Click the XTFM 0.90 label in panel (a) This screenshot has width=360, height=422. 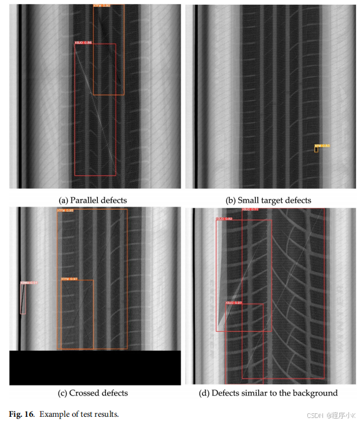pyautogui.click(x=102, y=6)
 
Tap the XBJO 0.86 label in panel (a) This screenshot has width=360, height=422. pyautogui.click(x=83, y=42)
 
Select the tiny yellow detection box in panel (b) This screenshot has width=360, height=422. pyautogui.click(x=317, y=149)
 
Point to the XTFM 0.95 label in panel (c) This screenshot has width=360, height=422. pyautogui.click(x=65, y=211)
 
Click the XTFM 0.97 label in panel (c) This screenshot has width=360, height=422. pyautogui.click(x=69, y=279)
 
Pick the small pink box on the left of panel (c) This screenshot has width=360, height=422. pyautogui.click(x=23, y=299)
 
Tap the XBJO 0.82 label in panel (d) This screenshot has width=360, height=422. pyautogui.click(x=225, y=219)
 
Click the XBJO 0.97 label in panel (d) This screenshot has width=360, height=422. pyautogui.click(x=234, y=303)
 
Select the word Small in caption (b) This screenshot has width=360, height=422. pyautogui.click(x=248, y=200)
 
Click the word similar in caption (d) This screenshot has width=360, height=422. pyautogui.click(x=258, y=393)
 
